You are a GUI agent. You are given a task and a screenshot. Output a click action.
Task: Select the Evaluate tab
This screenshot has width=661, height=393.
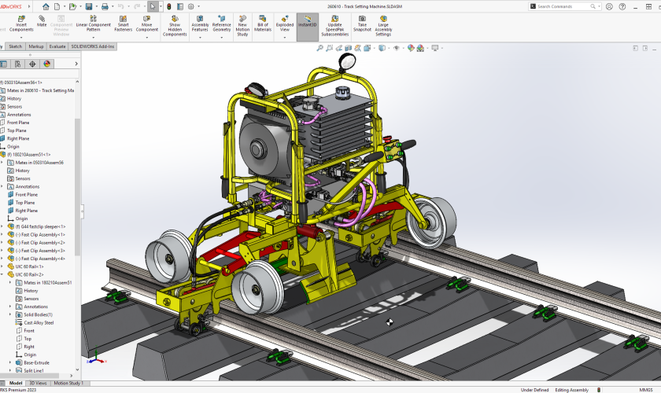coord(57,46)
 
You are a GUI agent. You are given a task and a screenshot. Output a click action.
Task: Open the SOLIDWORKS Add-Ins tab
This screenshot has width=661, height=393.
coord(93,46)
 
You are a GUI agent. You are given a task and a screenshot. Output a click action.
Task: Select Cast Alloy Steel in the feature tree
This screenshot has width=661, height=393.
coord(39,322)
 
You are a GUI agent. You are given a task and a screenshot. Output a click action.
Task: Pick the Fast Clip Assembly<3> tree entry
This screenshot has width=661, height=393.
coord(40,251)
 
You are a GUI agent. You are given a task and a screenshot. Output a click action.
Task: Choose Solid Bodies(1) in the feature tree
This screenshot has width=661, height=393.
coord(38,314)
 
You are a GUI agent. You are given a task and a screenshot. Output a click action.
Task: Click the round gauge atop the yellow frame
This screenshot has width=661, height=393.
coord(345,62)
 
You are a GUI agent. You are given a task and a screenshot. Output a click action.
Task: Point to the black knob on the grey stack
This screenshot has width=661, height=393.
coord(342,93)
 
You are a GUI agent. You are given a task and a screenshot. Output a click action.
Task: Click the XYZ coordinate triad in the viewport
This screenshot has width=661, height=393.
coord(94,359)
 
